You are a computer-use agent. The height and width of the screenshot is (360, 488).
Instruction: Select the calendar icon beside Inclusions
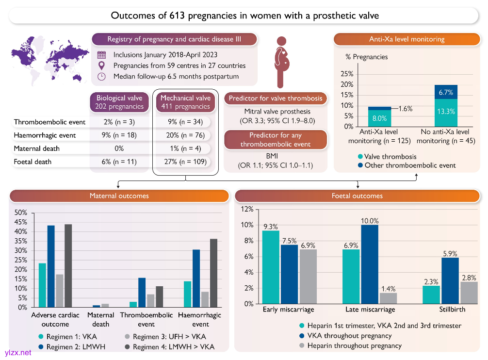101,55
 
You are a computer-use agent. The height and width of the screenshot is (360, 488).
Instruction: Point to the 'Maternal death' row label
36,148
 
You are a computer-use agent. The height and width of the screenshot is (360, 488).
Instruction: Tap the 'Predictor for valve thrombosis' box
276,98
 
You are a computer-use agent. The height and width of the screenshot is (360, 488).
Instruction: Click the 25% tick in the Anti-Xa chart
347,74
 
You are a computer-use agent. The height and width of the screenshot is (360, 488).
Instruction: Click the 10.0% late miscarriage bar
369,264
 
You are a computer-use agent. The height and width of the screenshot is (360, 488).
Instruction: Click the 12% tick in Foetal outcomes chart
247,209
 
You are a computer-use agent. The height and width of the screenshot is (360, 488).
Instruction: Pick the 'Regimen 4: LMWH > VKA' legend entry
172,346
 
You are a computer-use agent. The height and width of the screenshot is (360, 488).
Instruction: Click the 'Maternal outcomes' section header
119,196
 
